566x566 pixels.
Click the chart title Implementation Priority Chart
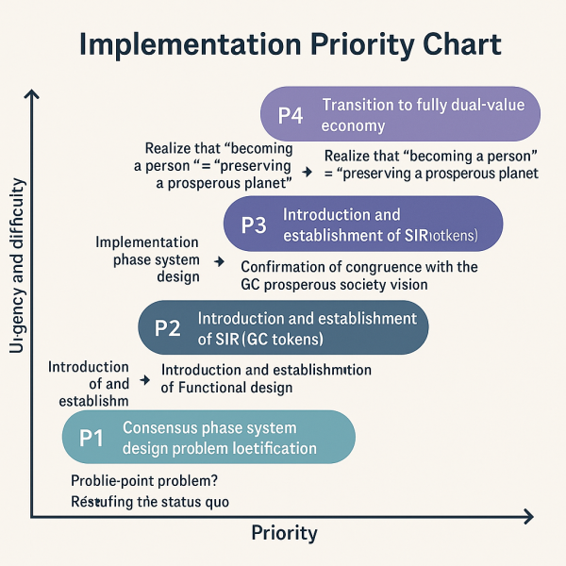[290, 46]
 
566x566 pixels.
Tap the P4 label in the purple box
[291, 115]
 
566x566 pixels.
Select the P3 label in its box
[255, 225]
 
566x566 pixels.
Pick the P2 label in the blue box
[167, 328]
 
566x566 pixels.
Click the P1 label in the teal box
[91, 437]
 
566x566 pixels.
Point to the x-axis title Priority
[284, 533]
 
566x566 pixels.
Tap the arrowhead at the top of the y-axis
[33, 94]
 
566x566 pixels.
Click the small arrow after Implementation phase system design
[219, 260]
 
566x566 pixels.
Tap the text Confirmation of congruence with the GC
[358, 275]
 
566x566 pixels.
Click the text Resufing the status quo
[150, 502]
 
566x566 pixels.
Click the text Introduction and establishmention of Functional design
[266, 378]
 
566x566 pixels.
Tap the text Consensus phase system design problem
[220, 437]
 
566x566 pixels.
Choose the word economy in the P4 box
[354, 125]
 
